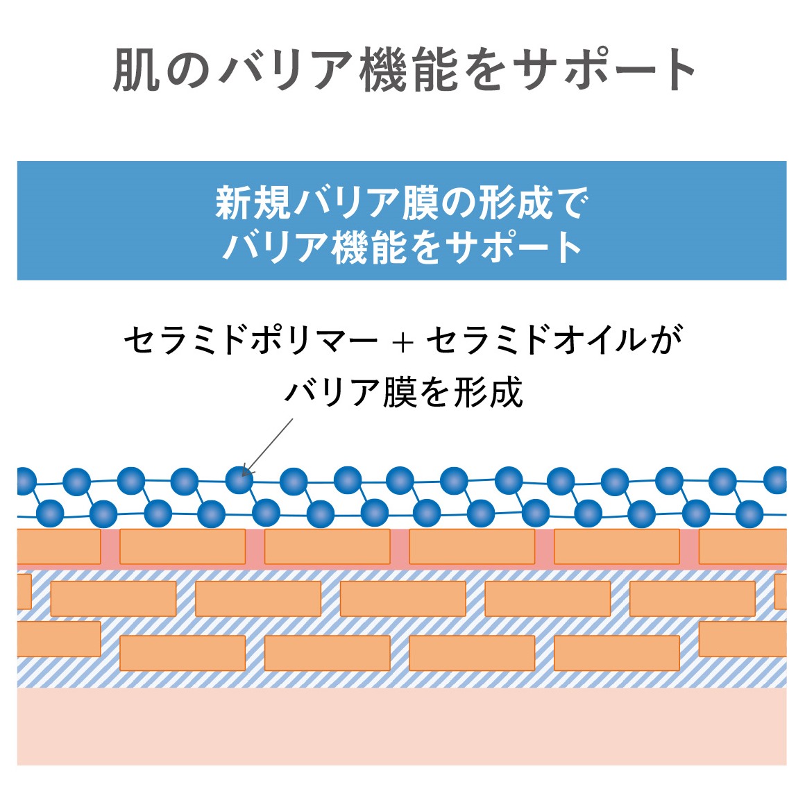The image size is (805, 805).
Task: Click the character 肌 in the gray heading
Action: (135, 70)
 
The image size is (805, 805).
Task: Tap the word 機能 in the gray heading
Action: (408, 70)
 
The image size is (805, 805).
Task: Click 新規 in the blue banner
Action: (253, 203)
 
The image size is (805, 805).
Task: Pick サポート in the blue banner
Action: (514, 247)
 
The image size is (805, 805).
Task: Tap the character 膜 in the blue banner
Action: (421, 203)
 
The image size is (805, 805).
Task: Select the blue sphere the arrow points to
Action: (239, 480)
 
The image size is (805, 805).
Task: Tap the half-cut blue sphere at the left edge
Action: (26, 481)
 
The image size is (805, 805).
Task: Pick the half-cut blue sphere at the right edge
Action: (776, 480)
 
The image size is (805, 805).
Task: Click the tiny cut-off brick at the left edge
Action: (24, 591)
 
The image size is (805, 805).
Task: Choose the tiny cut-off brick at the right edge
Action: (780, 591)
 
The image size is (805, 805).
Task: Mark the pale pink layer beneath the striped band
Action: (402, 727)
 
